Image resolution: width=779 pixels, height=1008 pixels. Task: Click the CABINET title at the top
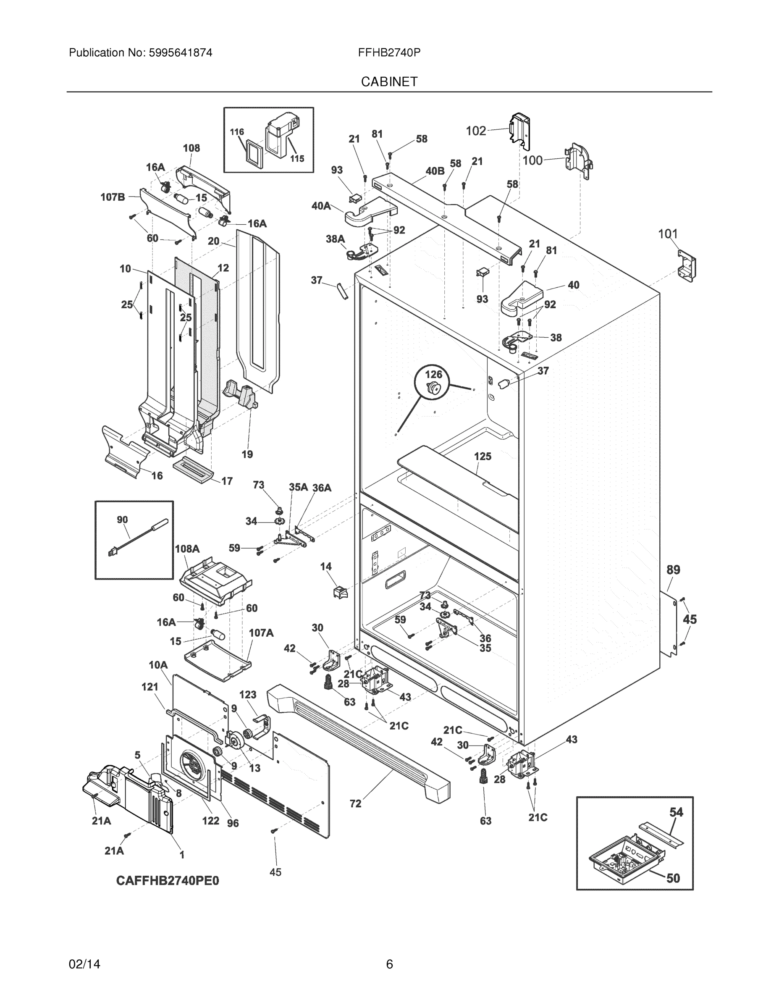(x=389, y=82)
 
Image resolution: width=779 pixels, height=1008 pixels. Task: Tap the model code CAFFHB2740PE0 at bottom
(x=168, y=881)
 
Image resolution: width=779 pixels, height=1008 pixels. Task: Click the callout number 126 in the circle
(x=433, y=374)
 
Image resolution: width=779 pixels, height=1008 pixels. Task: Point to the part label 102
(x=476, y=131)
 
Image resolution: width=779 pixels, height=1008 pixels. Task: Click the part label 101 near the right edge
(x=668, y=234)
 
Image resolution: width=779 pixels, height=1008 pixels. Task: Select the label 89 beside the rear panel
(x=673, y=570)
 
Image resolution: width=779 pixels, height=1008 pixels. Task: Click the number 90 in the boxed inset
(x=122, y=520)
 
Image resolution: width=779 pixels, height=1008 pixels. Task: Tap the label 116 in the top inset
(x=237, y=132)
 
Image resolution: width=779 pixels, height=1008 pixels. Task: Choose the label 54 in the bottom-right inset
(x=676, y=812)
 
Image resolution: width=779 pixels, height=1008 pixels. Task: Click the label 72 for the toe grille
(x=355, y=803)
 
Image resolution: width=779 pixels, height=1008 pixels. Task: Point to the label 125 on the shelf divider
(x=483, y=456)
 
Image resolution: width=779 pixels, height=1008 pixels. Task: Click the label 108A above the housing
(x=187, y=549)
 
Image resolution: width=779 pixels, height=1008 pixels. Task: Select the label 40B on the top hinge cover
(x=435, y=171)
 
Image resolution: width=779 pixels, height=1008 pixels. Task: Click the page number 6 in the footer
(x=389, y=964)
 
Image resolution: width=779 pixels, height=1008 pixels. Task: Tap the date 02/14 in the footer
(x=84, y=964)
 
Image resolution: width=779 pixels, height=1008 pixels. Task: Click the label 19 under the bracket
(x=247, y=454)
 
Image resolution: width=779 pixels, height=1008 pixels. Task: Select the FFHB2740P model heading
(x=389, y=52)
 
